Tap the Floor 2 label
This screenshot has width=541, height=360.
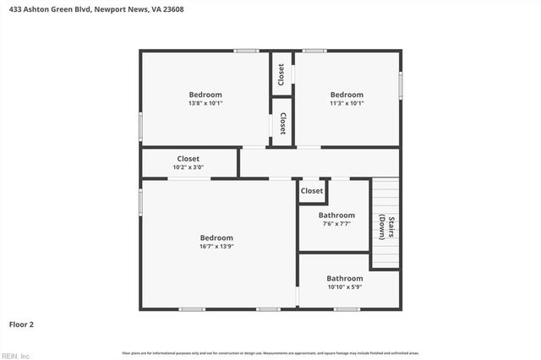pos(21,324)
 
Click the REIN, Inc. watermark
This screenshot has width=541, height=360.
pos(16,355)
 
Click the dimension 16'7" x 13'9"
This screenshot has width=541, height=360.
pos(216,247)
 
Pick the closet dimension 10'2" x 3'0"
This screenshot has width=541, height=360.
pos(189,167)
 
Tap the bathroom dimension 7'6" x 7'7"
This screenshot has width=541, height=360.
pos(336,224)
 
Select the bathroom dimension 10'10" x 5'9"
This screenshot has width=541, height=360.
pos(345,287)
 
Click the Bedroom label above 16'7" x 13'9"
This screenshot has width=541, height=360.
pos(216,237)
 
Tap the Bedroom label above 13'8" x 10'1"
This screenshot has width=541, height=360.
pos(205,95)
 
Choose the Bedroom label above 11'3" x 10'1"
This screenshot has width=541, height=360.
pos(347,95)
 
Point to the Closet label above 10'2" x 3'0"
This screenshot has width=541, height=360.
pos(189,158)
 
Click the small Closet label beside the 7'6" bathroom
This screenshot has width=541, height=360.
pos(312,191)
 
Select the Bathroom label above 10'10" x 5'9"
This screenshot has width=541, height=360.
pos(345,278)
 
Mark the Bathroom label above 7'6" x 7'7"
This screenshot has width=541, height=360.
pos(336,215)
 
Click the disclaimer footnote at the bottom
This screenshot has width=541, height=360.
pos(270,352)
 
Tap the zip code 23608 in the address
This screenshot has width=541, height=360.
pos(172,9)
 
